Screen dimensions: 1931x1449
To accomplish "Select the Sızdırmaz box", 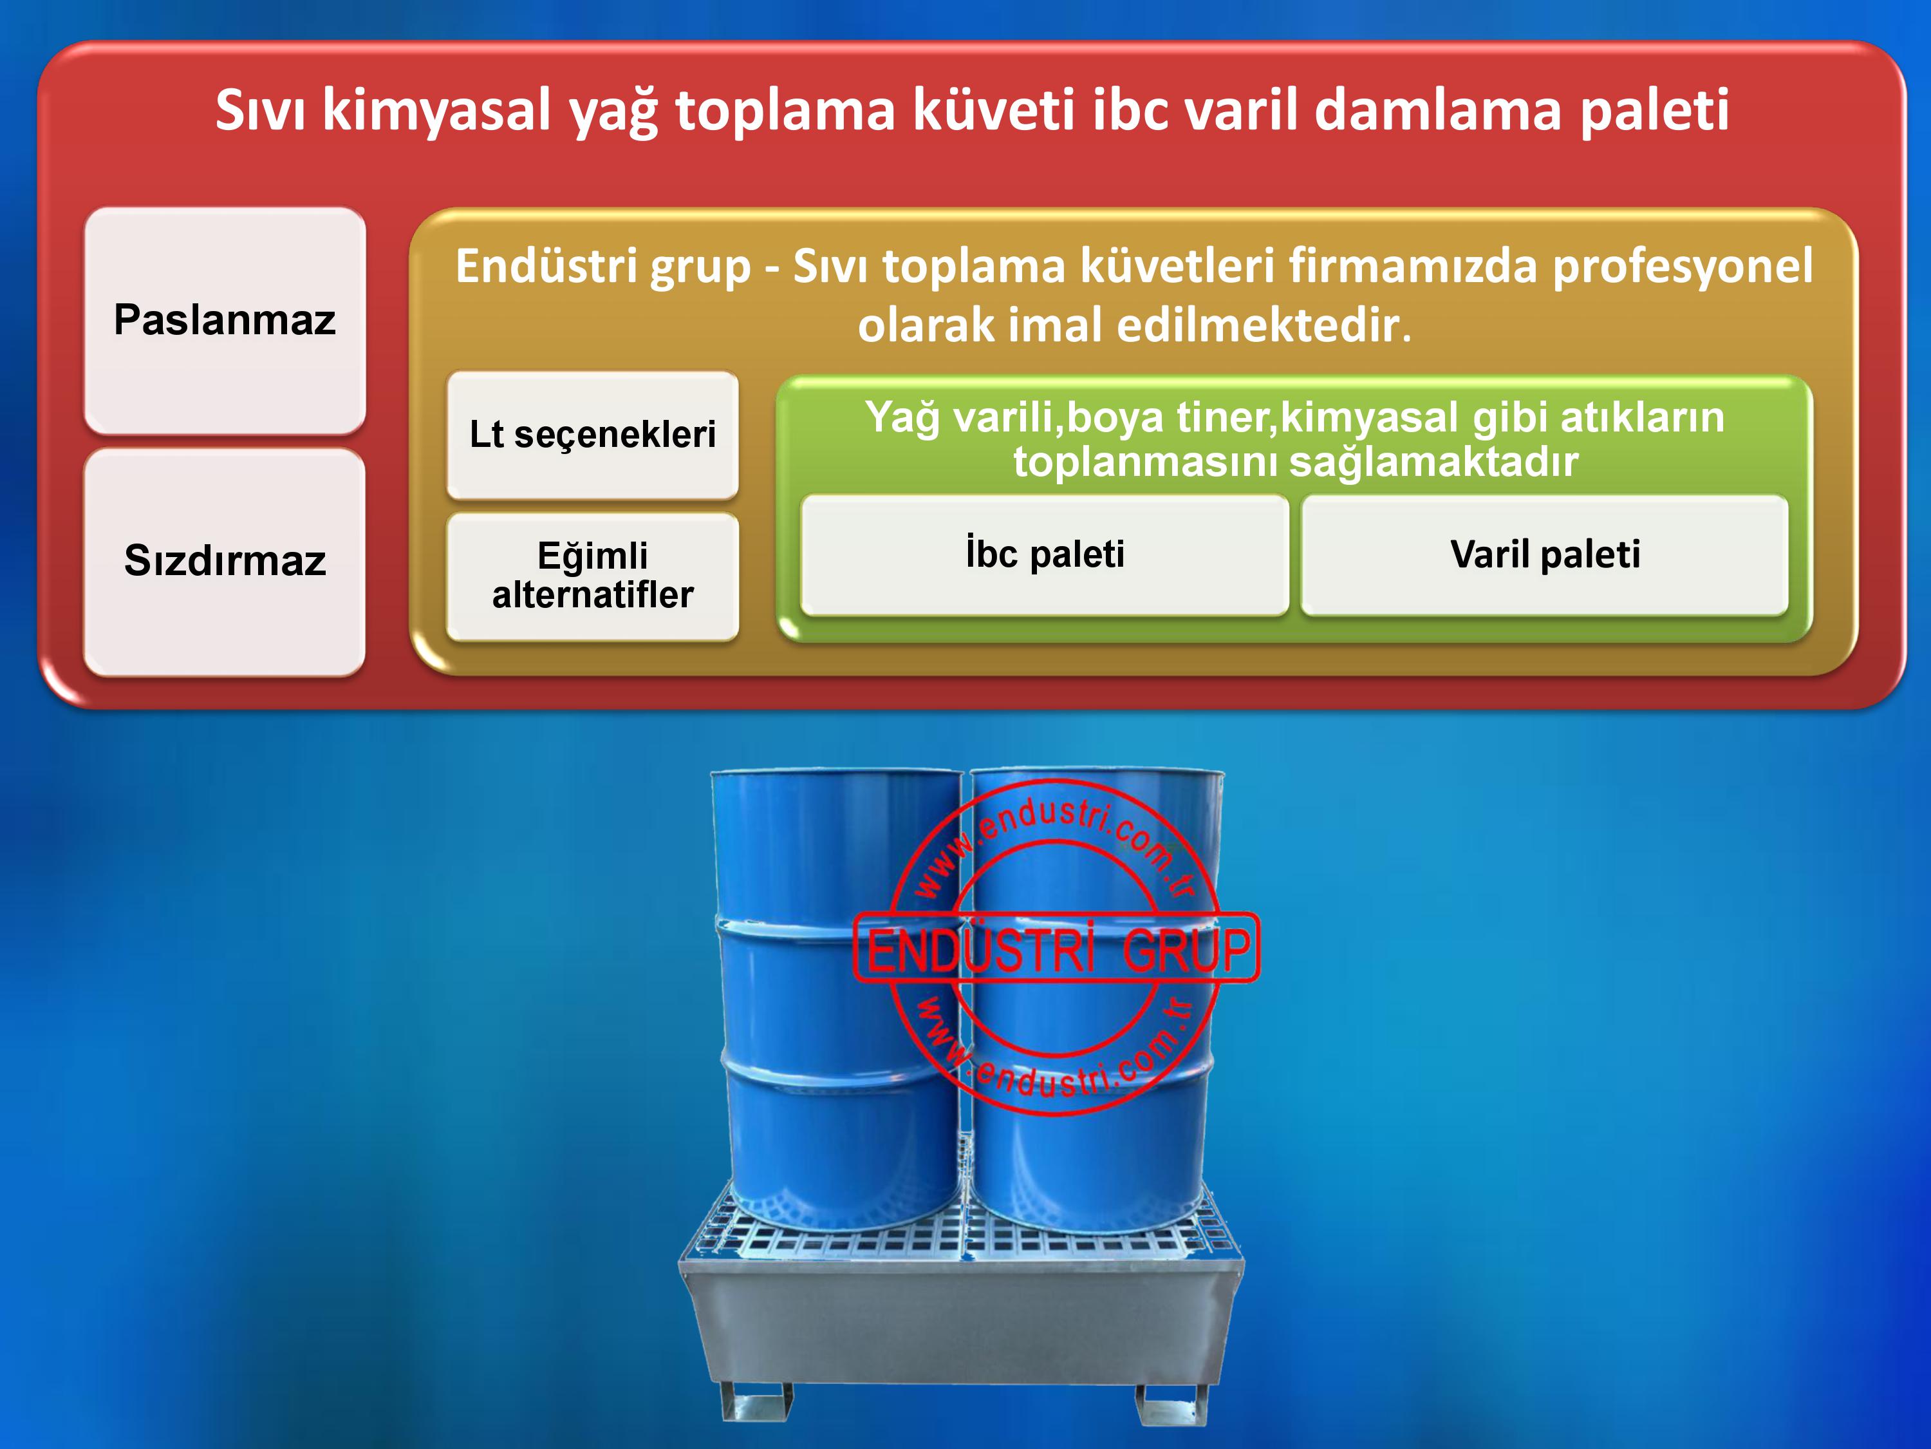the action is click(225, 562).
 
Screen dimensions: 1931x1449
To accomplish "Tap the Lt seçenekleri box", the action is click(593, 435).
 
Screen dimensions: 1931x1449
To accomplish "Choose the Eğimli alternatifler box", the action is click(593, 576).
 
